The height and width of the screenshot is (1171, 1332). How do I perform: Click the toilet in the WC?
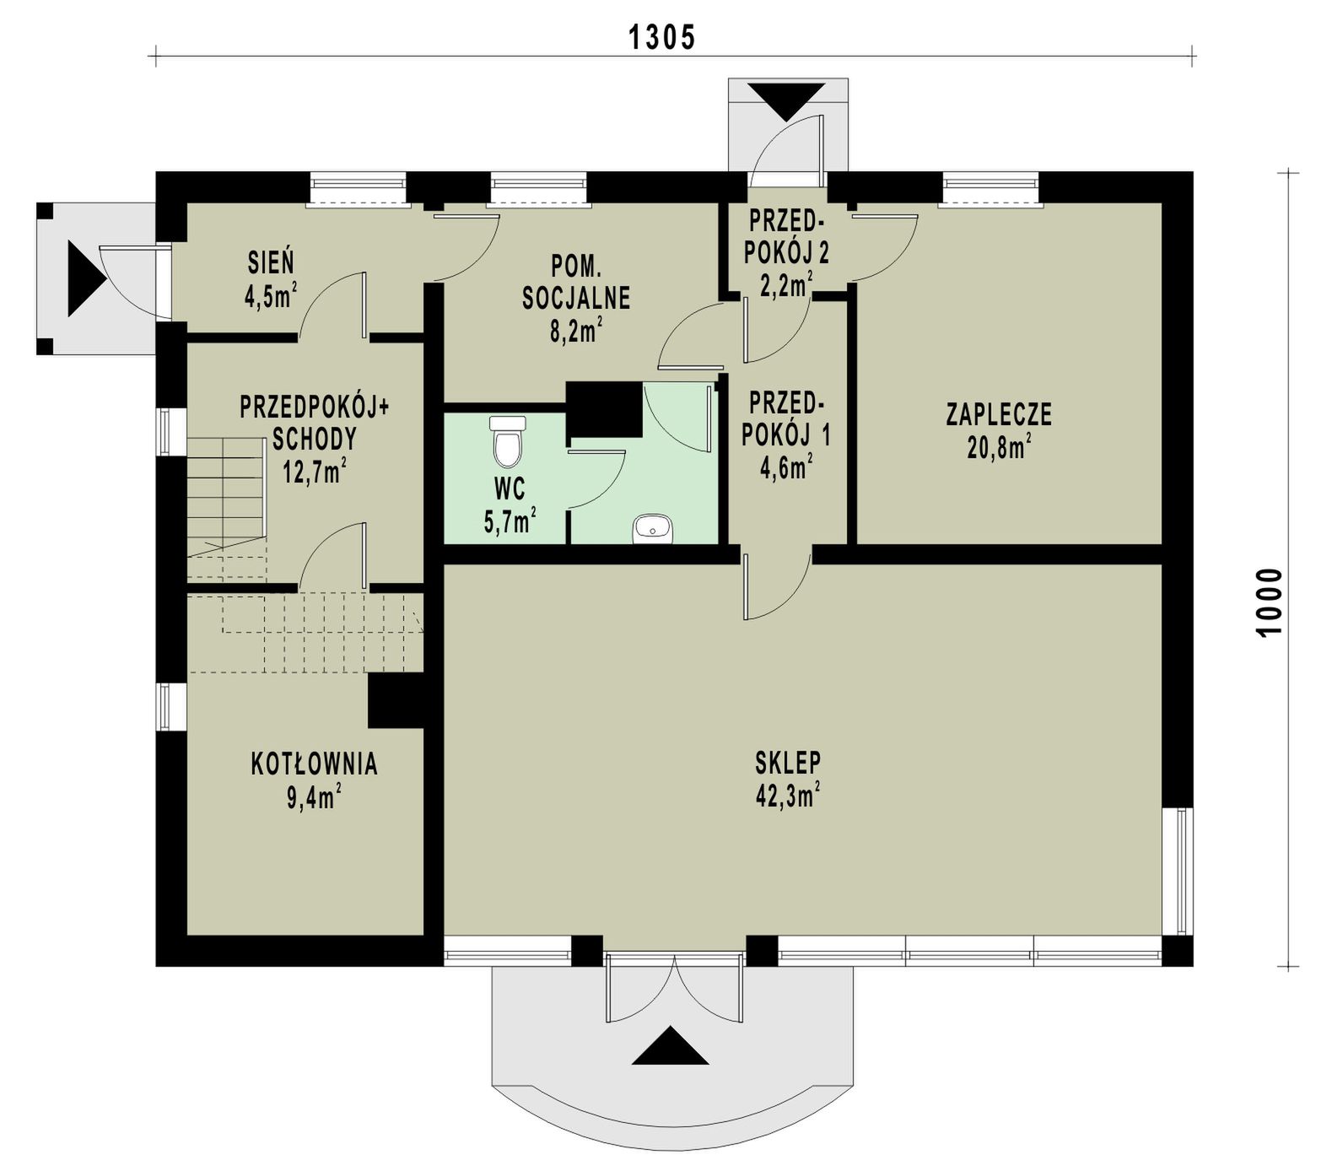[507, 441]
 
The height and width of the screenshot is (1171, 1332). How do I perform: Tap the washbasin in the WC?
[651, 529]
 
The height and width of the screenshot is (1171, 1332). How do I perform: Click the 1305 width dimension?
[662, 37]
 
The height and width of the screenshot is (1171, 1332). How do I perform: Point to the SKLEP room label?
[788, 762]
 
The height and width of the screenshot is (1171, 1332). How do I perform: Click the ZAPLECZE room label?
[999, 414]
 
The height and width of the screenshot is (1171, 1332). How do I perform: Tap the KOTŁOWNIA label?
[314, 764]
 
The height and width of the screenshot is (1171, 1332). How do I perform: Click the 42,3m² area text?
[789, 795]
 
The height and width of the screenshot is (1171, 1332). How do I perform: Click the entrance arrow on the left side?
[86, 279]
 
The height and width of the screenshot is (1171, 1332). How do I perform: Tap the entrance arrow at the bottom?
[670, 1046]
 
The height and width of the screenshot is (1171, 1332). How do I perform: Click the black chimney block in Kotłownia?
[396, 700]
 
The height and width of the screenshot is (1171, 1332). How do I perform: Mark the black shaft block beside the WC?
[604, 410]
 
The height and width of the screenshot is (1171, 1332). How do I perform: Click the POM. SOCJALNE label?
[577, 283]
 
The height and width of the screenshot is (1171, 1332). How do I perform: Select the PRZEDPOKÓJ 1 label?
[787, 418]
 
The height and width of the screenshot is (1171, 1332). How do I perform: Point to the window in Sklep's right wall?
[1178, 872]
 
